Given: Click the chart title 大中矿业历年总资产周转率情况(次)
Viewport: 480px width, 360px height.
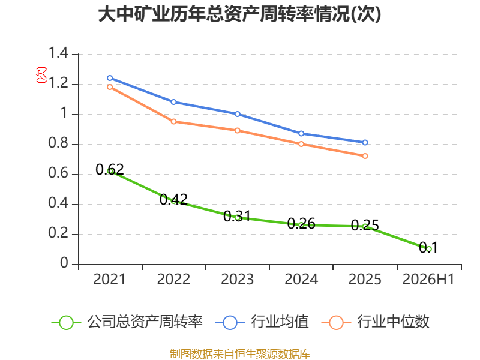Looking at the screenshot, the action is coord(239,14).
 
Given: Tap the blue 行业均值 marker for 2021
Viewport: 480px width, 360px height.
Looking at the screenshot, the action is coord(110,78).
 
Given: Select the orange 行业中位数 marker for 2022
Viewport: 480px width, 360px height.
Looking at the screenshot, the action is coord(173,122).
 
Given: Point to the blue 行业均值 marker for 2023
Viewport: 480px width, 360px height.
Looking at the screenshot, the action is coord(237,114).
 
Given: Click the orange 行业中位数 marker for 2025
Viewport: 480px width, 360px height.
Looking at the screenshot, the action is coord(365,156).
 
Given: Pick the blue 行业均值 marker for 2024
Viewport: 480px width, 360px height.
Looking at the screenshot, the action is coord(301,133).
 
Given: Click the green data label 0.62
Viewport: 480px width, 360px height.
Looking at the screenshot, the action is coord(110,169).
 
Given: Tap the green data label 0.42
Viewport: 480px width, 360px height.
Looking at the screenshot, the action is coord(173,200).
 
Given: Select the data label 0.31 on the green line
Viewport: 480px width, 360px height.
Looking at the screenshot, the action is coord(237,217).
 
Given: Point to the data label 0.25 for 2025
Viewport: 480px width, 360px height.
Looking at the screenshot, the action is coord(365,226).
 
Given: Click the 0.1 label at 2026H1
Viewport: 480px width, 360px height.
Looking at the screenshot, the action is coord(428,247).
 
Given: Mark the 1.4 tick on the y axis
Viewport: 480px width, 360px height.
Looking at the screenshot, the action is coord(58,53).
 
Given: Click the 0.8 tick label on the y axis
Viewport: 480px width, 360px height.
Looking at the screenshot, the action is coord(58,143).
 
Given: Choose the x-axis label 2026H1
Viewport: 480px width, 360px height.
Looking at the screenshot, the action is coord(428,279).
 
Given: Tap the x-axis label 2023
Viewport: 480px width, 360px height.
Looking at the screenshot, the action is coord(237,279).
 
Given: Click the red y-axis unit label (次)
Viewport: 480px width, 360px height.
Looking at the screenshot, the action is coord(41,74).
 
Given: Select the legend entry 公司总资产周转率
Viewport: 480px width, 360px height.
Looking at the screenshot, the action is coord(127,322).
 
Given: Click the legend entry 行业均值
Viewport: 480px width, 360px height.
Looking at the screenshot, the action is coord(262,322).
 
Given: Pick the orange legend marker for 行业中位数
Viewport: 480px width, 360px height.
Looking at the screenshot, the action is coord(336,323).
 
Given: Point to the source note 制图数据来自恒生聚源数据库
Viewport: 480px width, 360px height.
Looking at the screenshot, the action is coord(240,353).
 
